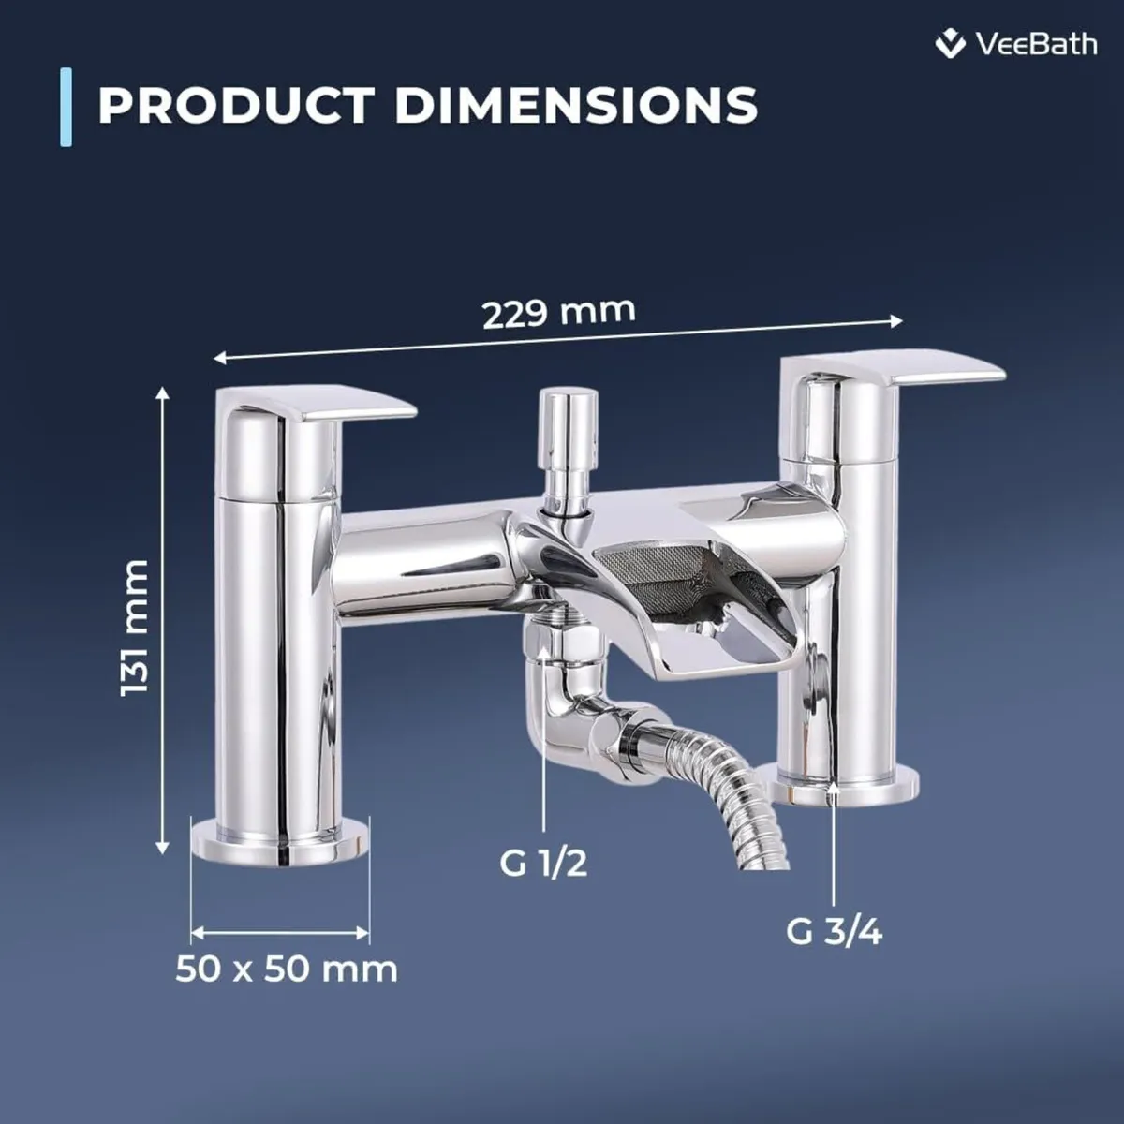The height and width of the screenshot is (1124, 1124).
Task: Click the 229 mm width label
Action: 558,312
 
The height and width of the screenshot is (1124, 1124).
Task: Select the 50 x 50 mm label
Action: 287,969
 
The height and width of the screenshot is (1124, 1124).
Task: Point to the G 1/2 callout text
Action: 543,862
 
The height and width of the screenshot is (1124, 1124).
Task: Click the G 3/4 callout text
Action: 834,931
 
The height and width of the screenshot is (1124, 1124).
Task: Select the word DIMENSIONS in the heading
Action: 575,105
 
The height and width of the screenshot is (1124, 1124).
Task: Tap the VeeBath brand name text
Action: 1035,44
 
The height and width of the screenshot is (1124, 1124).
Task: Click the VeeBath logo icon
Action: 951,43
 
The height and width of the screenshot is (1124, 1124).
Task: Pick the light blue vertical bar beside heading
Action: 66,107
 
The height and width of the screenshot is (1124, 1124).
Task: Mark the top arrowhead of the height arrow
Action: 164,393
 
